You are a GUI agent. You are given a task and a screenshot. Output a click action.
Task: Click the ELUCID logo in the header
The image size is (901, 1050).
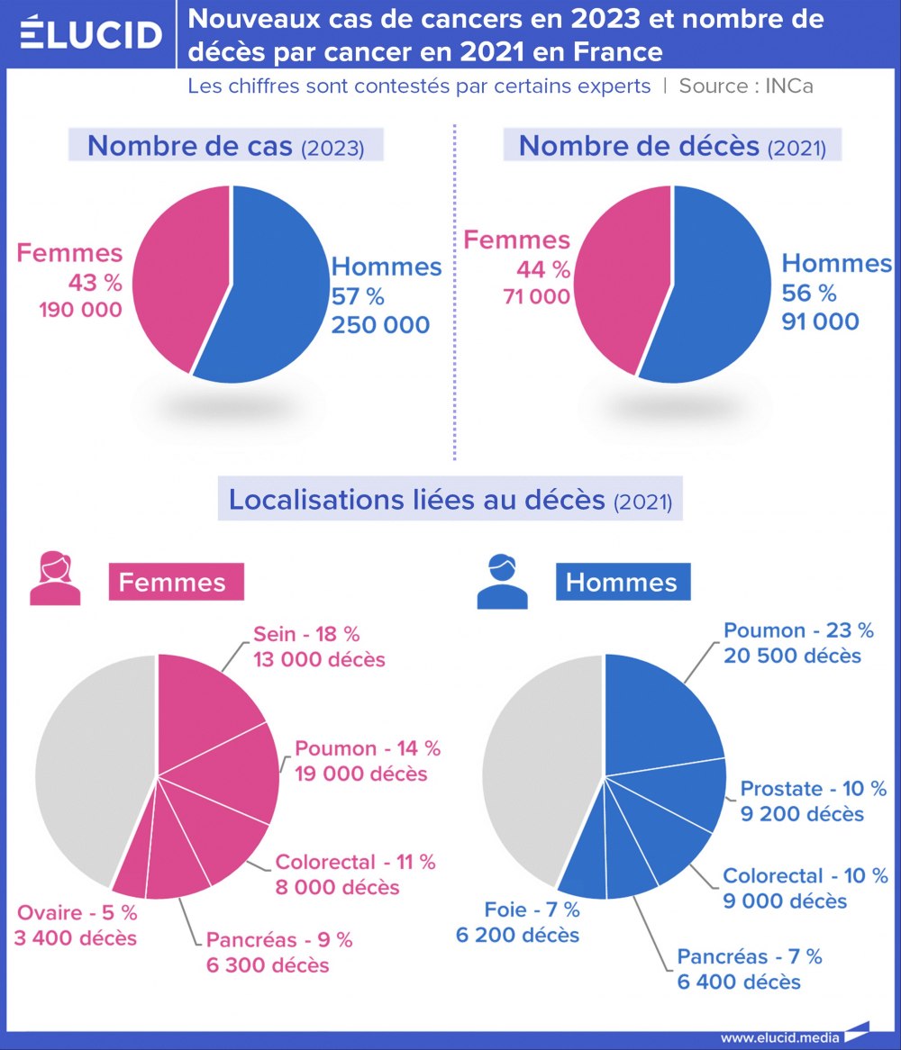[90, 34]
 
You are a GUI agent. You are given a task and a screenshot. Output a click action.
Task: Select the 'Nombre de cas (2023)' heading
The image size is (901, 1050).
[226, 147]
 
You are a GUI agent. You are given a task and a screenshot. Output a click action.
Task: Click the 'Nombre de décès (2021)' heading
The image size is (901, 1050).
[672, 147]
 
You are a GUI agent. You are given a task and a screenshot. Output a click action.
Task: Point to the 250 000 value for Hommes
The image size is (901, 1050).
[380, 325]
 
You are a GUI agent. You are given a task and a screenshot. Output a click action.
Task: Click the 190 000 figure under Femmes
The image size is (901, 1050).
[79, 310]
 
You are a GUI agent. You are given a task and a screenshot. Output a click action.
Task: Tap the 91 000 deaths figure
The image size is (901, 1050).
[820, 321]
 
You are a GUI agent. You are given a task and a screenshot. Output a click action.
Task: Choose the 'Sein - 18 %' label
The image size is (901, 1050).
[306, 634]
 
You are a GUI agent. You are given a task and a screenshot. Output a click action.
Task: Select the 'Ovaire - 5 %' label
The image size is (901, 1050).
[76, 913]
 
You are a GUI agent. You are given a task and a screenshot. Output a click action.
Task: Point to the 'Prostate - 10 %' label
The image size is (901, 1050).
[814, 789]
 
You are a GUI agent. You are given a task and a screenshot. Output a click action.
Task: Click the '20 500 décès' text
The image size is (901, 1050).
[792, 656]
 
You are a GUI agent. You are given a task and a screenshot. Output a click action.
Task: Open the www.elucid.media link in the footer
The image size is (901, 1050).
[780, 1037]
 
